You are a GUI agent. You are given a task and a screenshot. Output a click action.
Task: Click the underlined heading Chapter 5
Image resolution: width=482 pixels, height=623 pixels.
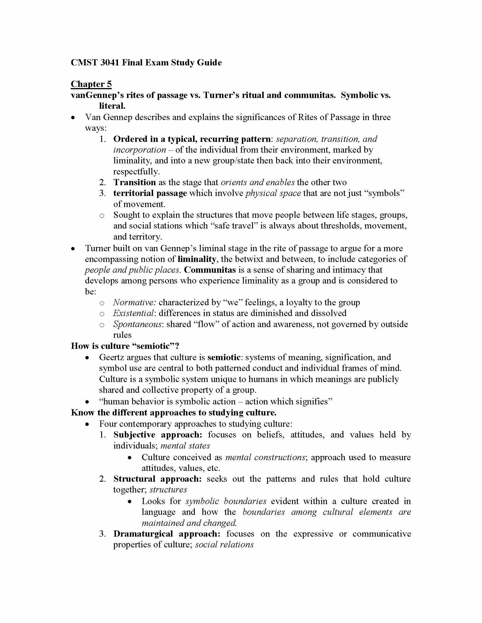coord(91,84)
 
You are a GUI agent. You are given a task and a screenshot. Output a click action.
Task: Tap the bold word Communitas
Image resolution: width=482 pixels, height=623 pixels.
coord(210,270)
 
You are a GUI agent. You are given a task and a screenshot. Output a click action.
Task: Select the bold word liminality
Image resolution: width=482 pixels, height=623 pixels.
coord(196,259)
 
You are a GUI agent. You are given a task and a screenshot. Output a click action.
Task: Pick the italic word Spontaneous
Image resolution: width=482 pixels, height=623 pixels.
coord(137,324)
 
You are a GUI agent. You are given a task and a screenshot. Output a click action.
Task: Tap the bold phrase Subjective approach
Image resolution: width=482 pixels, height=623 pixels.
coord(158,435)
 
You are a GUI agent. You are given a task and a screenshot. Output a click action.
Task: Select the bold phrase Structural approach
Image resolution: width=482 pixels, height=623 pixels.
coord(157,479)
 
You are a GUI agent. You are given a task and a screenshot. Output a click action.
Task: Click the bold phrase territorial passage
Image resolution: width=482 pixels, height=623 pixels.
coord(150,193)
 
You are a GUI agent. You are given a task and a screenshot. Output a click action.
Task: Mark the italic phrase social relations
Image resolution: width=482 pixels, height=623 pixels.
coord(225,545)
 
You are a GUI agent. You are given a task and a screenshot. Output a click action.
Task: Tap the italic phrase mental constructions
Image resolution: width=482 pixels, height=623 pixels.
coord(265,457)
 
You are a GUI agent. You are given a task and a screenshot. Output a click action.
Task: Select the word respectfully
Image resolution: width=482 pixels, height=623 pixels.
coord(136,171)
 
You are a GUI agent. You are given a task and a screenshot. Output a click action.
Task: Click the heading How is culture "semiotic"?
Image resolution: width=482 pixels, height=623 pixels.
coord(125,346)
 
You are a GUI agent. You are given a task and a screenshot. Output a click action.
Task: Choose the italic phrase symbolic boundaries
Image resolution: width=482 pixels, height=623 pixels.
coord(226,501)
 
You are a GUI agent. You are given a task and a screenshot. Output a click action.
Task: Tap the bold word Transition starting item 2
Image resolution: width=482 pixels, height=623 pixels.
coord(134,182)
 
